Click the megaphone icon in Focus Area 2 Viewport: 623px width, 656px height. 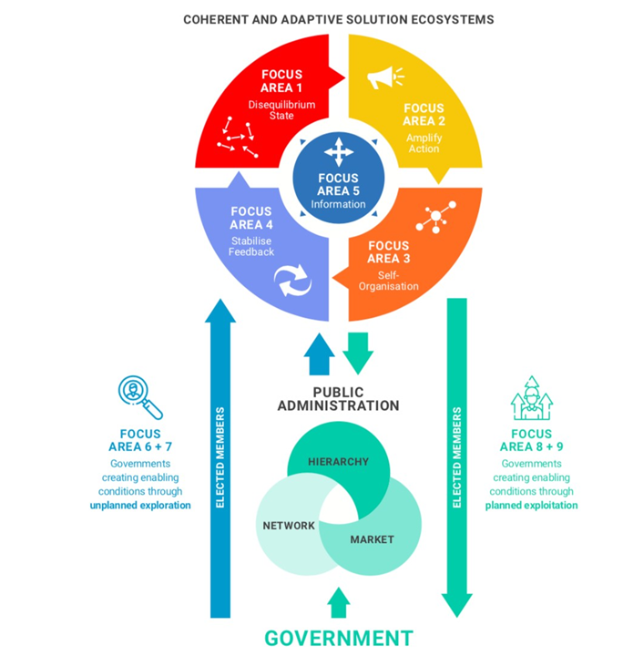pyautogui.click(x=384, y=78)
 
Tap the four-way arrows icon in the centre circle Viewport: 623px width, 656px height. pyautogui.click(x=338, y=150)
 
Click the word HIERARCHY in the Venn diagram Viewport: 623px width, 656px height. pyautogui.click(x=338, y=462)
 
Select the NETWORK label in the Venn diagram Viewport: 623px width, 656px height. pyautogui.click(x=289, y=526)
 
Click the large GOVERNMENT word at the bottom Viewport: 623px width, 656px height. pyautogui.click(x=339, y=638)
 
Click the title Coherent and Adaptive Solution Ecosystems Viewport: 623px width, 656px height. pyautogui.click(x=339, y=19)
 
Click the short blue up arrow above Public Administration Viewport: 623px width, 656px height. pyautogui.click(x=319, y=354)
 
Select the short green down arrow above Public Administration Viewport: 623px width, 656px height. pyautogui.click(x=358, y=352)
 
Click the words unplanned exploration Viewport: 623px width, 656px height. pyautogui.click(x=140, y=505)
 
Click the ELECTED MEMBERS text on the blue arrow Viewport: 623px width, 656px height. pyautogui.click(x=220, y=456)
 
